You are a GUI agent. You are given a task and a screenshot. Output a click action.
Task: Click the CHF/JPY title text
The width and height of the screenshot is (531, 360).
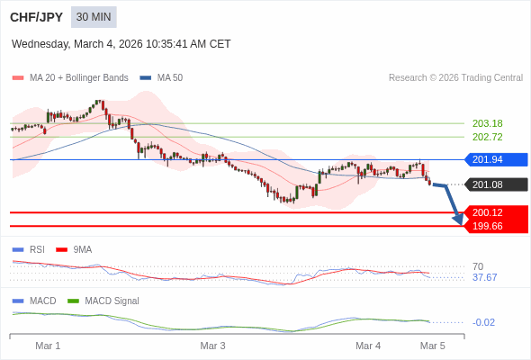pyautogui.click(x=37, y=17)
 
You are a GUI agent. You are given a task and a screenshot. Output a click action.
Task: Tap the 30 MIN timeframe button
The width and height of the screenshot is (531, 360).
pyautogui.click(x=94, y=17)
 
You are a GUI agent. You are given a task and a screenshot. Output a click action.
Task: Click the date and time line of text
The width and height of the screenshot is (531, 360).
pyautogui.click(x=121, y=43)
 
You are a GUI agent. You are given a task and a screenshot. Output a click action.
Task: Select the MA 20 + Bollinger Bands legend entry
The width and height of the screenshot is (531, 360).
pyautogui.click(x=70, y=78)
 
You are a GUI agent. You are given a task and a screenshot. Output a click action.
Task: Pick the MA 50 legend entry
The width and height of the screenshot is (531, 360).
pyautogui.click(x=162, y=78)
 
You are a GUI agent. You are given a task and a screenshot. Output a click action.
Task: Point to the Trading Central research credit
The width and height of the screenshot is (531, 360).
pyautogui.click(x=455, y=78)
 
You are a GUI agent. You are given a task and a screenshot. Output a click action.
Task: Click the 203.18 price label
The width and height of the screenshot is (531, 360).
pyautogui.click(x=487, y=123)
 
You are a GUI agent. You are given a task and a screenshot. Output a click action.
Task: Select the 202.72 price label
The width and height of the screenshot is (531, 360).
pyautogui.click(x=487, y=137)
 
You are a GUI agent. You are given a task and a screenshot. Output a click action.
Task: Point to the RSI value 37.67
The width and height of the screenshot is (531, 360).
pyautogui.click(x=484, y=277)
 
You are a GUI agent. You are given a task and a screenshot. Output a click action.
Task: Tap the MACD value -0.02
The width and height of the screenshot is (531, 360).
pyautogui.click(x=483, y=322)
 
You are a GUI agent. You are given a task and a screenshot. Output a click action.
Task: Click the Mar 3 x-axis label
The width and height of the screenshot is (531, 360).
pyautogui.click(x=212, y=346)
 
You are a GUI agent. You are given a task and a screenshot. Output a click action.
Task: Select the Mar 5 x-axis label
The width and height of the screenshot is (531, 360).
pyautogui.click(x=433, y=346)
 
